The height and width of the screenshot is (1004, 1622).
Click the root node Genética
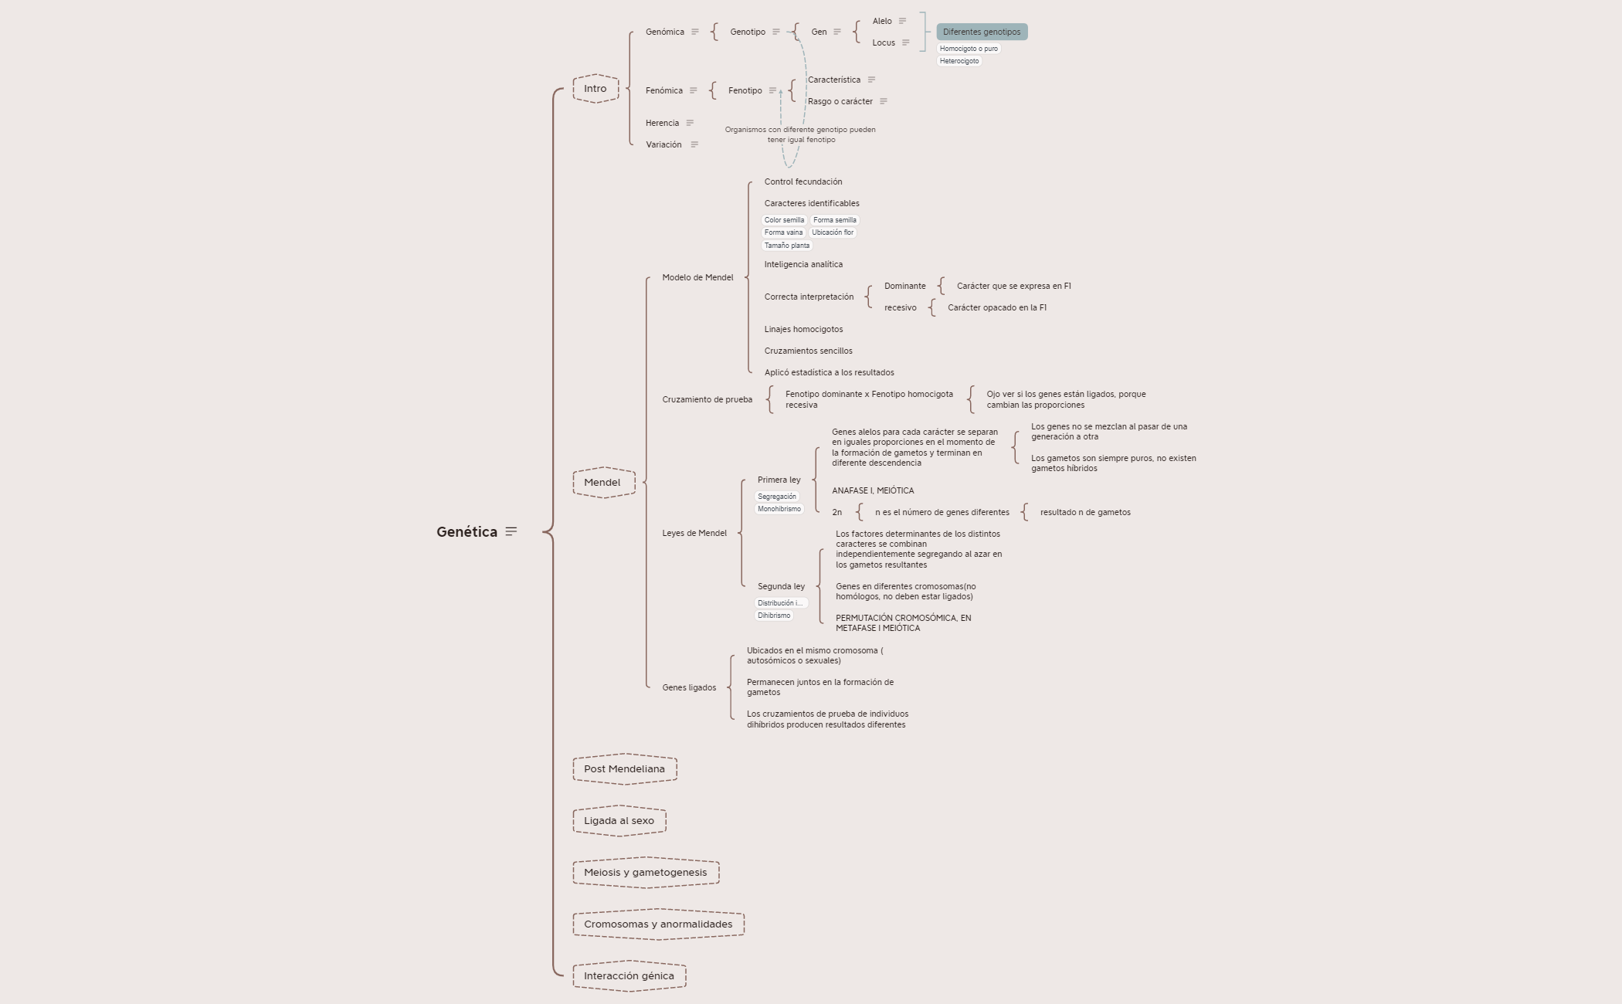467,531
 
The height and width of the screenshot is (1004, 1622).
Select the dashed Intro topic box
596,89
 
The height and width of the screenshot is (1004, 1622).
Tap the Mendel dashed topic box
602,483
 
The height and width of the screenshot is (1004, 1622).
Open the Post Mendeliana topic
624,769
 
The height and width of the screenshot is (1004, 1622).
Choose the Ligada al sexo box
619,821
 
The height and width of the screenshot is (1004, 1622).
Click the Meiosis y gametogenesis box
645,873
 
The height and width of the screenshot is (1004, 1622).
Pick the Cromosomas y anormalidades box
658,924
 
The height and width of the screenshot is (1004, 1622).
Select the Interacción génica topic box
629,976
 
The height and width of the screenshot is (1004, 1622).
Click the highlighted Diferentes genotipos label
982,32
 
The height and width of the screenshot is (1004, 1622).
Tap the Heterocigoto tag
959,61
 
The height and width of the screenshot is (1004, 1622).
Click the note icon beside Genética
511,531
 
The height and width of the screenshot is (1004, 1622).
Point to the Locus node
884,42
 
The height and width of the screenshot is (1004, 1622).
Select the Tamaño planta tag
787,246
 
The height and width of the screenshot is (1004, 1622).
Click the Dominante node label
904,286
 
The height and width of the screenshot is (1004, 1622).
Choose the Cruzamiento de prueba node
707,399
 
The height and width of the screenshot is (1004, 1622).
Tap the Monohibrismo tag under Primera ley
779,509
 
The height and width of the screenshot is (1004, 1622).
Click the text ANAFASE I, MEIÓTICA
873,490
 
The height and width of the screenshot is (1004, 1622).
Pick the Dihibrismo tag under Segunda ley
774,616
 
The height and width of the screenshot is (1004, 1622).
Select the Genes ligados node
689,687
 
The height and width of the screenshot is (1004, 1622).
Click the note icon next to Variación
694,144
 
